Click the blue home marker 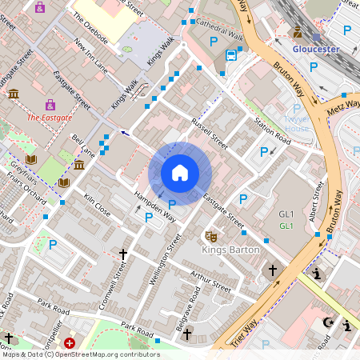point(180,173)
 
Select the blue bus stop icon point(231,55)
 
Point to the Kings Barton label point(230,250)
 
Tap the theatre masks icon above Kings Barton point(212,236)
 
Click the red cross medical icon point(70,343)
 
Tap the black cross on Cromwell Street point(123,254)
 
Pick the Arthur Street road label point(210,282)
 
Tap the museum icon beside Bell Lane point(79,165)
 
